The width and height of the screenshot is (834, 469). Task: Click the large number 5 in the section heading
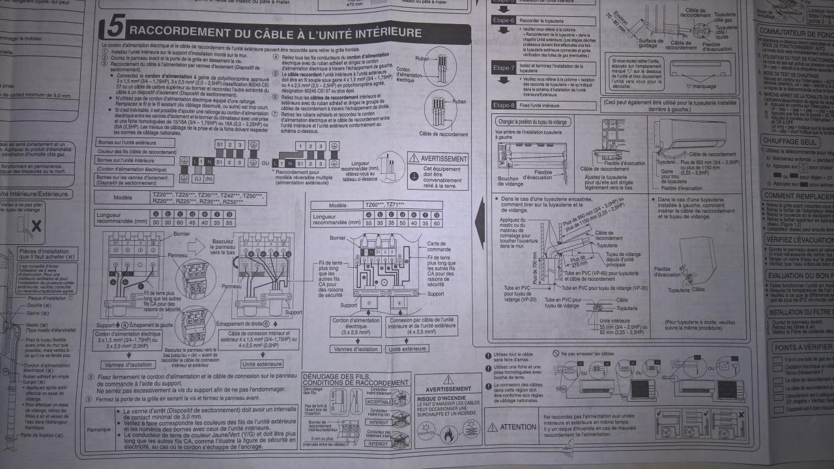(113, 29)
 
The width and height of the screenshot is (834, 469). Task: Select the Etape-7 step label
(504, 67)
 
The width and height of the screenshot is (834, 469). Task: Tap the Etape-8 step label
(504, 105)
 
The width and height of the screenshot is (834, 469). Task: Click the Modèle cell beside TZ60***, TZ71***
(338, 205)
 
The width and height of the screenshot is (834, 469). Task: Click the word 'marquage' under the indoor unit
(700, 86)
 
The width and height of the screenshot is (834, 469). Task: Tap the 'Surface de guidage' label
(652, 43)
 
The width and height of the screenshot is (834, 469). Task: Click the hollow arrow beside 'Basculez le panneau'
(195, 244)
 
